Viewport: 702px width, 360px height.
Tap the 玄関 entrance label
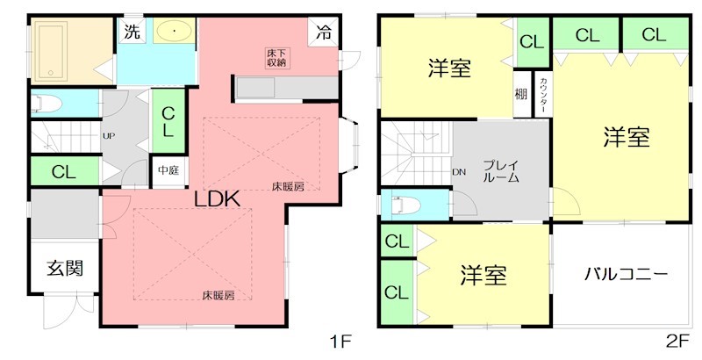[x=65, y=268]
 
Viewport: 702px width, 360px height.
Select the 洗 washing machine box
[x=131, y=33]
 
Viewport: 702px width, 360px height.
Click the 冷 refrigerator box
[x=324, y=33]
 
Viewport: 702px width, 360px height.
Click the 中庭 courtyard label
[x=168, y=170]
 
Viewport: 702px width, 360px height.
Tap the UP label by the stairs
[x=109, y=136]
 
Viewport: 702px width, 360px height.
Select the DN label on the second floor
[x=458, y=172]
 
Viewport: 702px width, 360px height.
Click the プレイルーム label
[x=501, y=170]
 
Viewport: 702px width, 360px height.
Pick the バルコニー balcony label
[x=627, y=273]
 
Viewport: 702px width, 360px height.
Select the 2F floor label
[x=677, y=339]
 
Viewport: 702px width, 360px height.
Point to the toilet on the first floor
[x=47, y=104]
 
